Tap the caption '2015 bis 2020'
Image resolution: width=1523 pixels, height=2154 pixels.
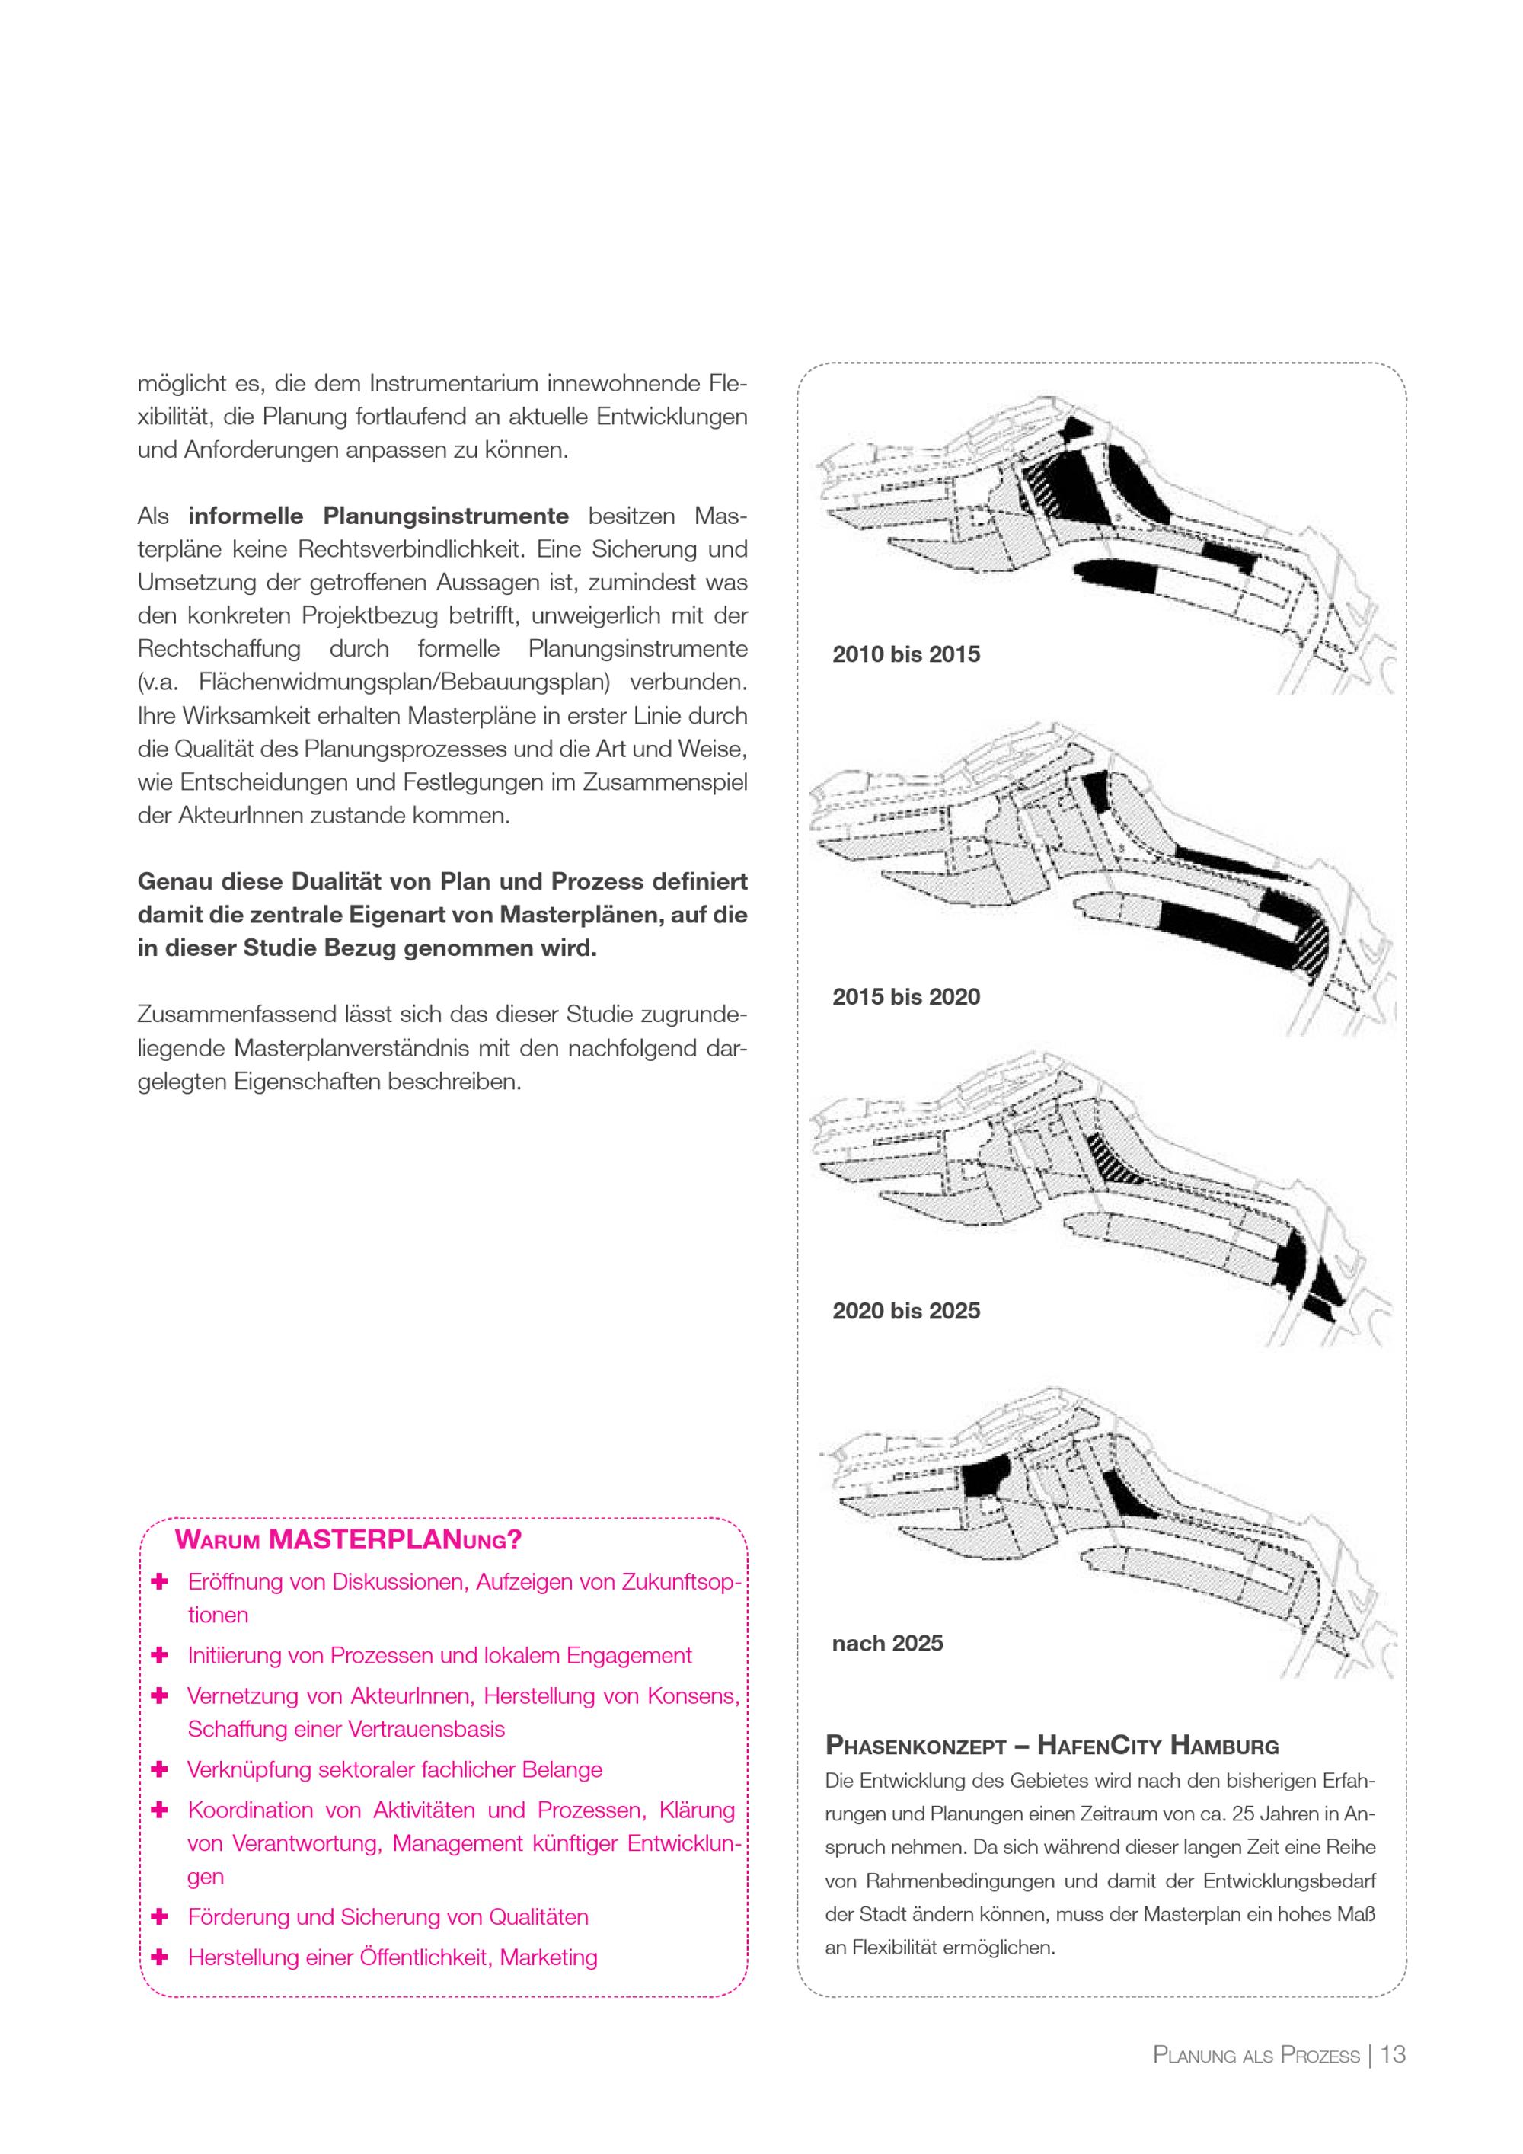point(906,996)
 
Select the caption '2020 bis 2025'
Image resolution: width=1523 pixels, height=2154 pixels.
point(906,1311)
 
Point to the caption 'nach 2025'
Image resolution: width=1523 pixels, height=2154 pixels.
point(887,1643)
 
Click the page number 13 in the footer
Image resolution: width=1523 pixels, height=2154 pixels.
point(1394,2054)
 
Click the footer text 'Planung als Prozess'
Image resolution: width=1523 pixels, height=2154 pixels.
point(1256,2056)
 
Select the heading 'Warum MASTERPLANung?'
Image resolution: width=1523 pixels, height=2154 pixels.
point(348,1539)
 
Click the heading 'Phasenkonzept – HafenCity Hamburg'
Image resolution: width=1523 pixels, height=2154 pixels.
point(1052,1746)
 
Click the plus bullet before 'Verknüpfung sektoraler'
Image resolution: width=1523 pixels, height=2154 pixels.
point(159,1769)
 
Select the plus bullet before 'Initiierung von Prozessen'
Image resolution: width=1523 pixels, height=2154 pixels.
point(159,1655)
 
